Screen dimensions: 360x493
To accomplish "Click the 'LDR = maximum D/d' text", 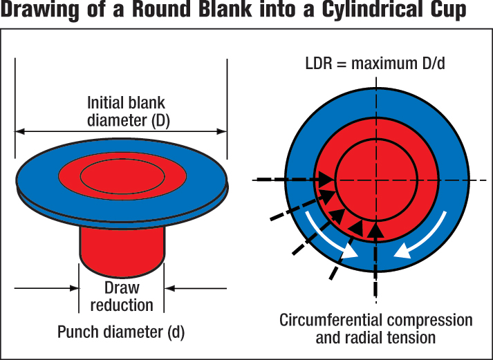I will click(375, 64).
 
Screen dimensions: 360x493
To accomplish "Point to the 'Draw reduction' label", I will click(122, 296).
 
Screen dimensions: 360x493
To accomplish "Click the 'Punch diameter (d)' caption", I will click(122, 332).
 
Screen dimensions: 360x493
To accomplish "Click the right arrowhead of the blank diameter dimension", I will click(223, 131).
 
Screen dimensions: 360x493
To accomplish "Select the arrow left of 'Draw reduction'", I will click(45, 287).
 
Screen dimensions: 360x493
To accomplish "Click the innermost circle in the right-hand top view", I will click(376, 180).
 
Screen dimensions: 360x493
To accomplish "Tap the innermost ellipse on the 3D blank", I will click(122, 177).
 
